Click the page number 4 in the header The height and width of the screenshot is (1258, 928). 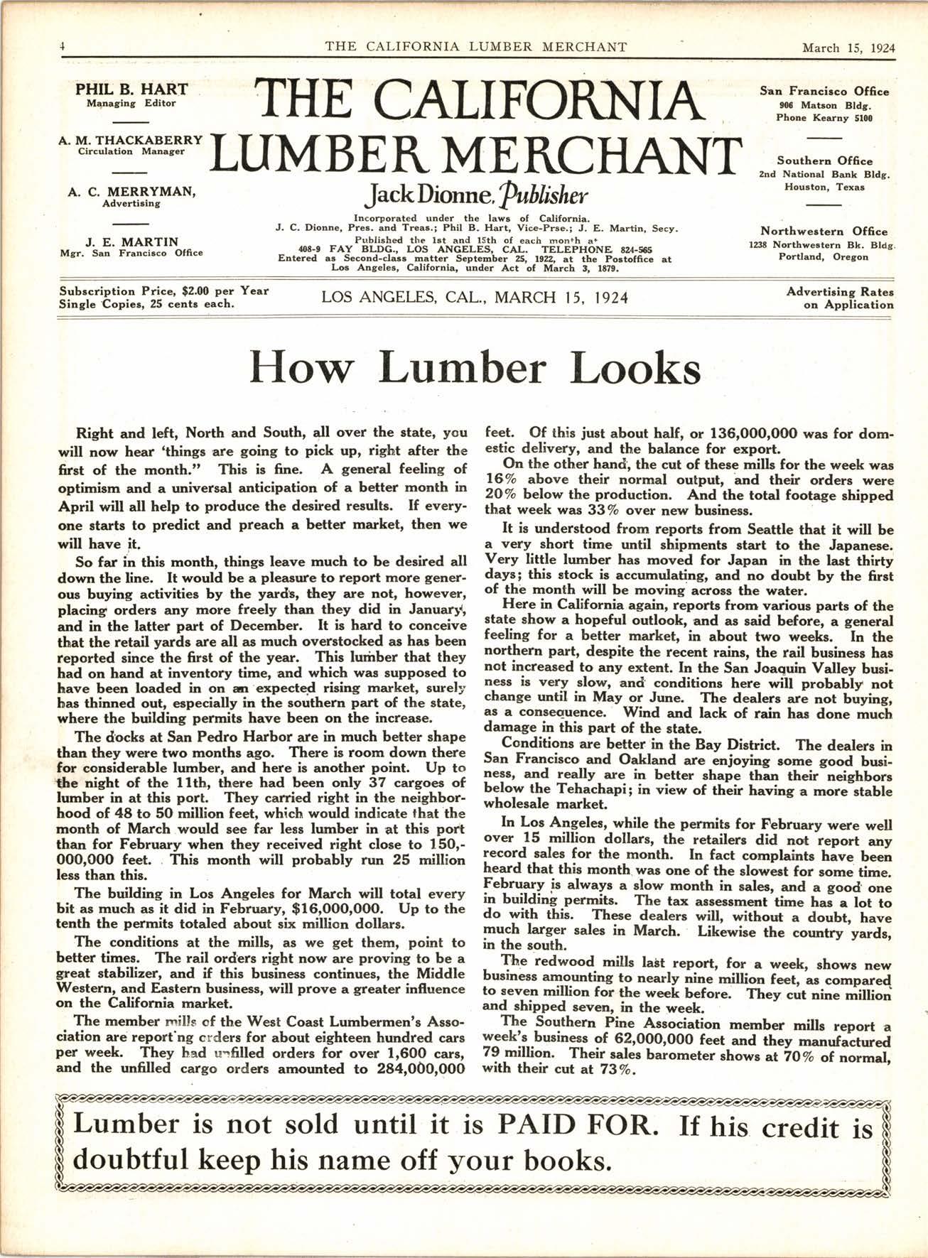tap(63, 48)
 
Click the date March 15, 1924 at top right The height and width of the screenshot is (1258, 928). tap(848, 48)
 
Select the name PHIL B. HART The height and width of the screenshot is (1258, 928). tap(131, 90)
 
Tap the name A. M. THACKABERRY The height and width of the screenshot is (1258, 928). tap(131, 140)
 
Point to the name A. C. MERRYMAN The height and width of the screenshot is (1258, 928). tap(131, 192)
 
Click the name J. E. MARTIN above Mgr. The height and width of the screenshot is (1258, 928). tap(131, 242)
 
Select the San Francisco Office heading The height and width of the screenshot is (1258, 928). tap(824, 92)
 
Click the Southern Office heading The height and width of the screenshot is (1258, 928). tap(824, 161)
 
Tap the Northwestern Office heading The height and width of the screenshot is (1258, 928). tap(824, 231)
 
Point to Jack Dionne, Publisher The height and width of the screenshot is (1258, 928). tap(475, 193)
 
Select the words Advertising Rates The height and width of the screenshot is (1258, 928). tap(840, 292)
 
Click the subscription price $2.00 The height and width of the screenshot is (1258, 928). tap(197, 291)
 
